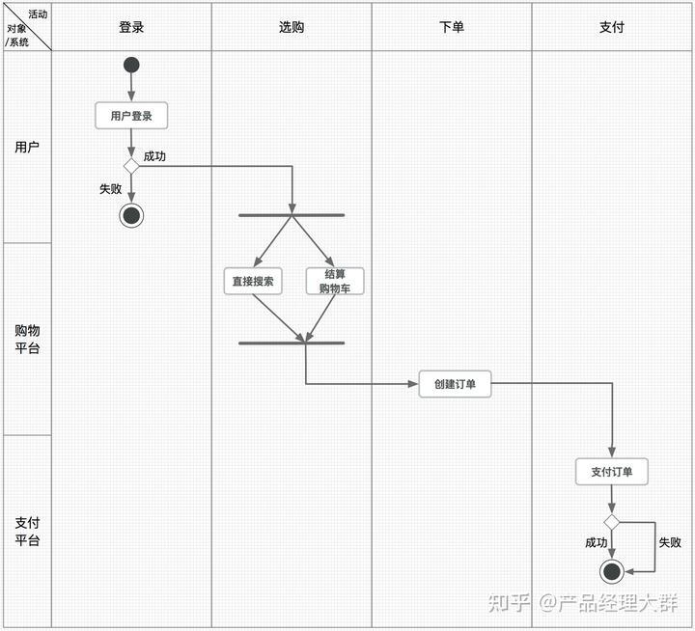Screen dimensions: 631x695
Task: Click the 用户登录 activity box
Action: (131, 116)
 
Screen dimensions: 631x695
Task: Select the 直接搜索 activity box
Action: (253, 282)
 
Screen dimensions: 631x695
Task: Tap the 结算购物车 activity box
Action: (335, 281)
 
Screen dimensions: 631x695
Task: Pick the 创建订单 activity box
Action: (455, 383)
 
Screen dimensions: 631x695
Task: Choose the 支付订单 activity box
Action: (612, 472)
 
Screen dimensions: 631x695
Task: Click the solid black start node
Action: (131, 65)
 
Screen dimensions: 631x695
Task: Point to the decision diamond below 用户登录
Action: (131, 166)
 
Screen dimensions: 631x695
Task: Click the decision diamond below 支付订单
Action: (612, 522)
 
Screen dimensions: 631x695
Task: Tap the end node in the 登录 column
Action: (131, 215)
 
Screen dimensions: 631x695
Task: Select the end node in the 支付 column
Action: (611, 571)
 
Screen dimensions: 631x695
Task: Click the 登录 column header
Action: (131, 27)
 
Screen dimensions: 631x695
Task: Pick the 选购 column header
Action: (292, 27)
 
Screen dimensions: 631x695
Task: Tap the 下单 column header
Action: (452, 27)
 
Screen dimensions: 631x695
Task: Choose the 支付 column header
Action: (612, 27)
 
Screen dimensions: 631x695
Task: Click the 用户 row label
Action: (27, 147)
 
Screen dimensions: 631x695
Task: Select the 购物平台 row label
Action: (27, 339)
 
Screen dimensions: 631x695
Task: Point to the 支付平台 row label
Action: (27, 531)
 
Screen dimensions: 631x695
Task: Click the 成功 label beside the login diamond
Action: (154, 156)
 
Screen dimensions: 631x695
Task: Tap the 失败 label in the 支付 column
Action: (670, 542)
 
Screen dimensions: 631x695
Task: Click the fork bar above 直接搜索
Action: (292, 215)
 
